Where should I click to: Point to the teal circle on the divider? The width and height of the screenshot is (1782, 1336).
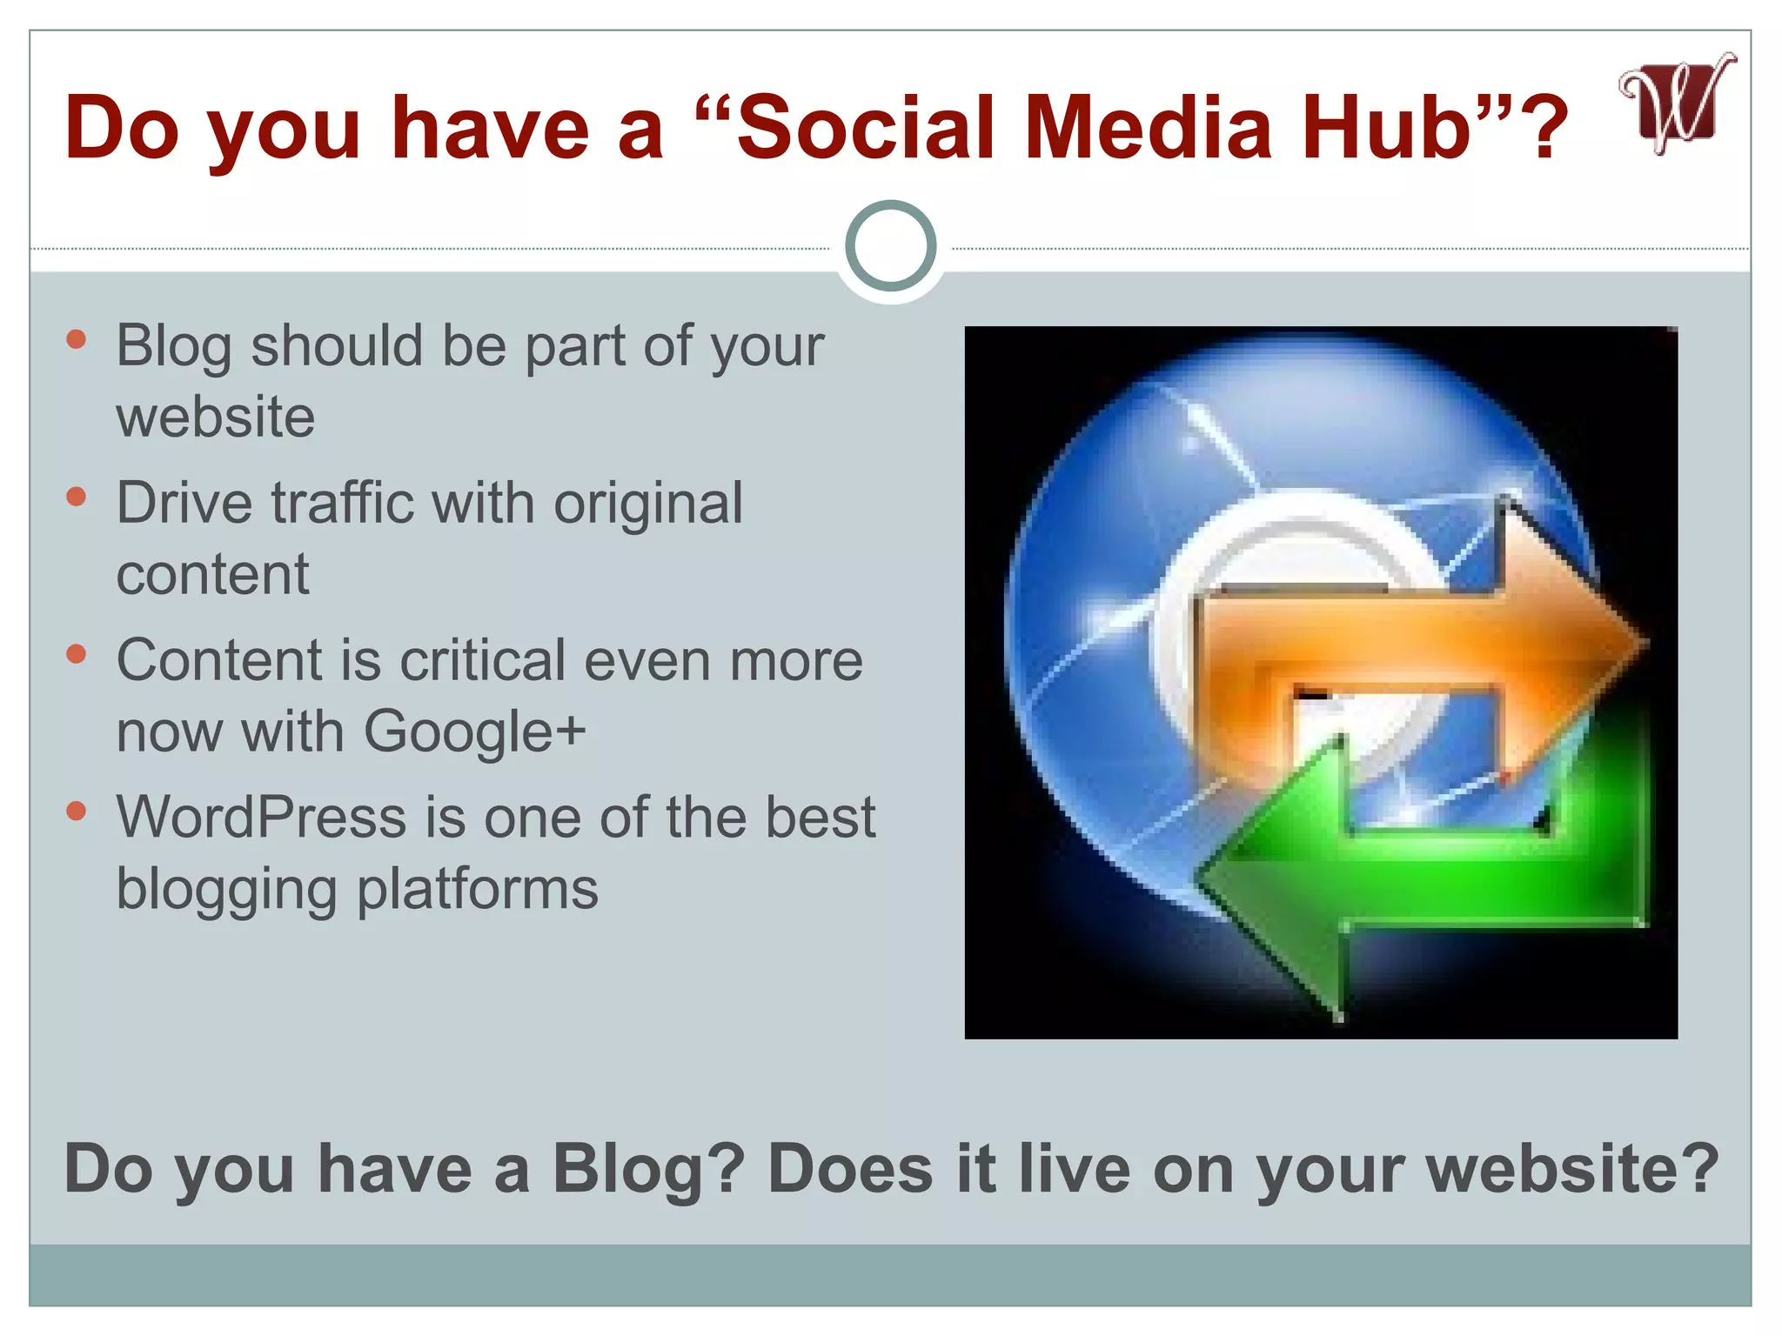pyautogui.click(x=890, y=246)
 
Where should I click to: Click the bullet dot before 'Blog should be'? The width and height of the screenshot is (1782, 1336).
pyautogui.click(x=77, y=339)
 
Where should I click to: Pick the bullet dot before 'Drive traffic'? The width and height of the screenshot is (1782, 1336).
pyautogui.click(x=77, y=497)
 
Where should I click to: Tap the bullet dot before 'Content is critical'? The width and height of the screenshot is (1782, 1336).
pyautogui.click(x=77, y=654)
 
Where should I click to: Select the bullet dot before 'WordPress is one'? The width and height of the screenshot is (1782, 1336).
pyautogui.click(x=77, y=812)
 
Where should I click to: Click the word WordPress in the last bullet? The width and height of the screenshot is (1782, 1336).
pyautogui.click(x=262, y=818)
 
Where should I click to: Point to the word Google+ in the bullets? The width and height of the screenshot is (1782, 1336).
pyautogui.click(x=474, y=731)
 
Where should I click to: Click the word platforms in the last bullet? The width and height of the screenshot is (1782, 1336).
pyautogui.click(x=478, y=889)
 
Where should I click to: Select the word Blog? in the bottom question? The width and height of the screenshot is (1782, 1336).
pyautogui.click(x=648, y=1169)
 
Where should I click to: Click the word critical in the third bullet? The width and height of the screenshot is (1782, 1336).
pyautogui.click(x=483, y=661)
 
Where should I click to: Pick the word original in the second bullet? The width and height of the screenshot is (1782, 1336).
pyautogui.click(x=648, y=505)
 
